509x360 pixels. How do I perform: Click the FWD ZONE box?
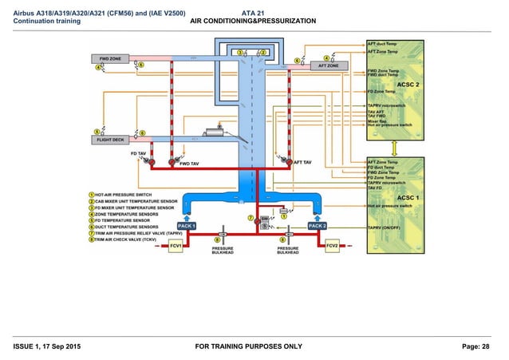[x=109, y=59]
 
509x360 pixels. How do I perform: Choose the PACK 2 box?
[x=317, y=226]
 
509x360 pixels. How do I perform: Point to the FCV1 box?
[x=176, y=247]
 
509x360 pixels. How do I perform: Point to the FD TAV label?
[x=139, y=152]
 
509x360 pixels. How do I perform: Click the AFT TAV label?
[x=302, y=162]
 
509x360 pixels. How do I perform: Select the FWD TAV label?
[x=189, y=164]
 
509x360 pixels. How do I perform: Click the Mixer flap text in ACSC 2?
[x=377, y=121]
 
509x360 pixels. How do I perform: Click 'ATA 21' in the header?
[x=253, y=12]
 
